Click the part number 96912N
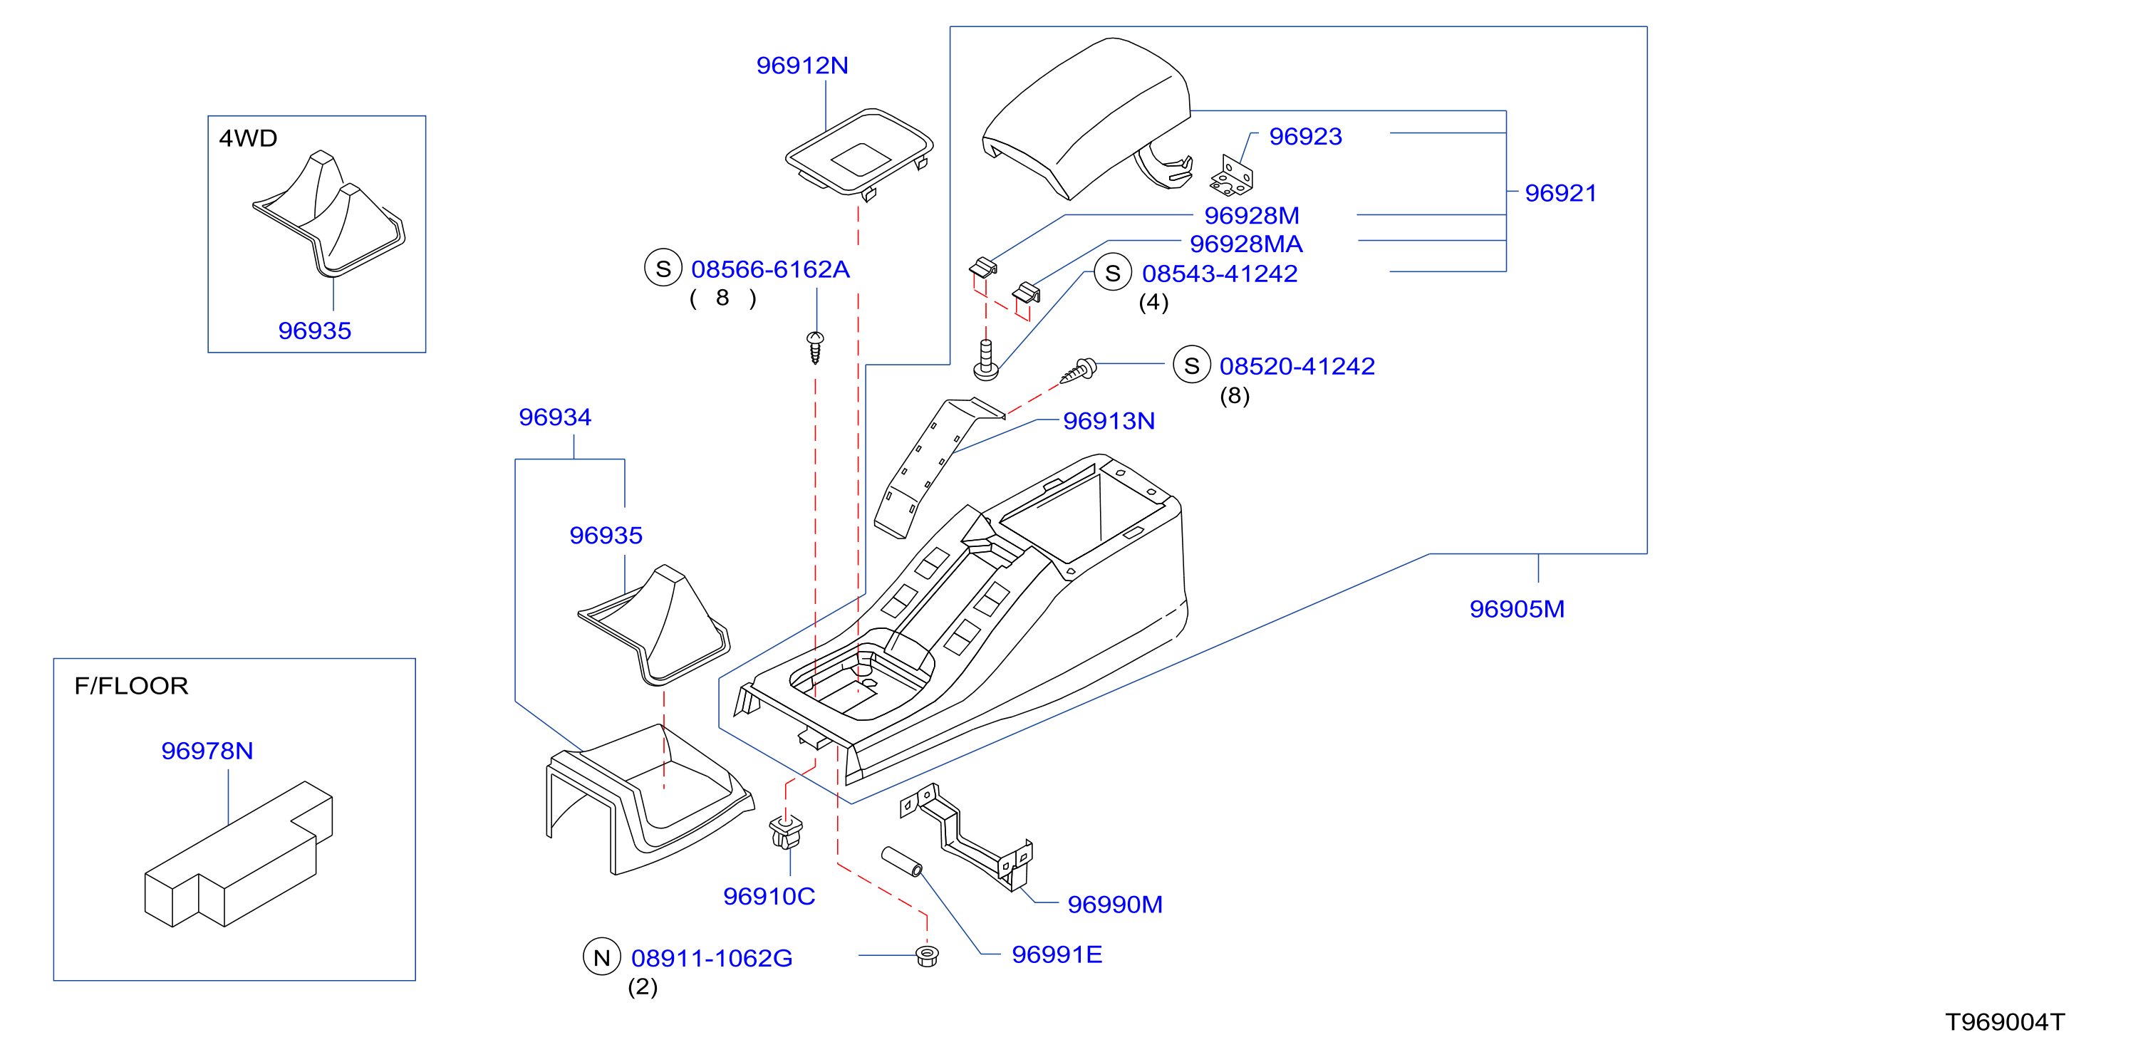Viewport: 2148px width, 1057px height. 802,65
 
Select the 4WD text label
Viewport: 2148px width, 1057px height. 248,137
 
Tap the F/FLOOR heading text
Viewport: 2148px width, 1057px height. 131,685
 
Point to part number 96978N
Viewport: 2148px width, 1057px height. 207,750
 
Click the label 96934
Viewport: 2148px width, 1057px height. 554,417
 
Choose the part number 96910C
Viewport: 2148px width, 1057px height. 769,896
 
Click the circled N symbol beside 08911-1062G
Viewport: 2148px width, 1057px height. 602,958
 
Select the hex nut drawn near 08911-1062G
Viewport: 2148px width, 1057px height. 926,955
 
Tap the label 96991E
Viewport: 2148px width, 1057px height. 1057,954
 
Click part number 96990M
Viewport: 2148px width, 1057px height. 1115,905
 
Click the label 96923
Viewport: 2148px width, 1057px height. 1305,136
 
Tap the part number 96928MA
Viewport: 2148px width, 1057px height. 1246,244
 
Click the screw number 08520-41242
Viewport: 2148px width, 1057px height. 1297,366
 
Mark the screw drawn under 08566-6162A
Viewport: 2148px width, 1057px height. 816,347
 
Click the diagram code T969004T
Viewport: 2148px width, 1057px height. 2005,1022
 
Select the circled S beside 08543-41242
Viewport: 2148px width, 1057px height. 1112,273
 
